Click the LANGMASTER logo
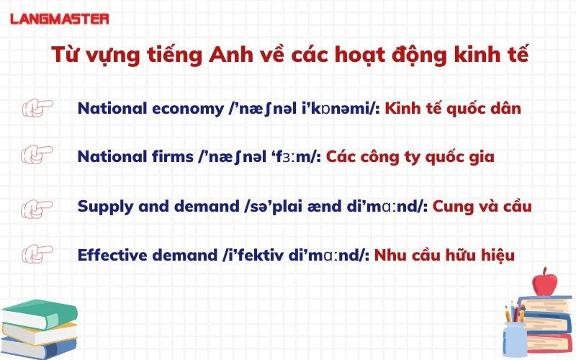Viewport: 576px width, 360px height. pyautogui.click(x=60, y=18)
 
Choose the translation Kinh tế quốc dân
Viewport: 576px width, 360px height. pyautogui.click(x=453, y=109)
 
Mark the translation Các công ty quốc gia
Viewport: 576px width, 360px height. pyautogui.click(x=410, y=157)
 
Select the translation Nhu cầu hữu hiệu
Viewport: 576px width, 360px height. pyautogui.click(x=444, y=254)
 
